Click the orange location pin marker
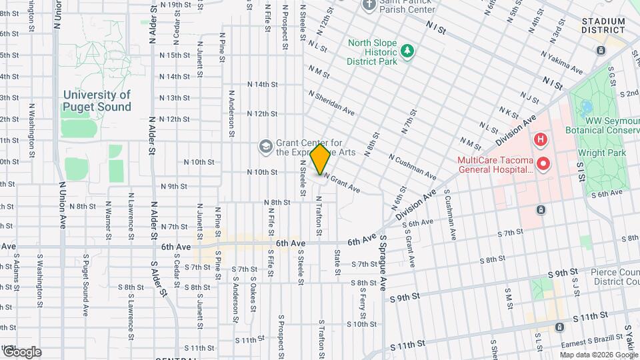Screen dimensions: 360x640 click(x=321, y=159)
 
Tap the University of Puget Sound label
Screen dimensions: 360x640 click(x=97, y=101)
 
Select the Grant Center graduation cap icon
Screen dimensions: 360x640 click(x=265, y=146)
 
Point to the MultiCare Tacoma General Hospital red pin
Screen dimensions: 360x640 click(x=543, y=163)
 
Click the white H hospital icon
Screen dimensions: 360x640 click(x=540, y=140)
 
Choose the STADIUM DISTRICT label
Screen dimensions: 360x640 click(x=603, y=25)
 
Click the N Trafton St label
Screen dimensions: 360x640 click(x=319, y=215)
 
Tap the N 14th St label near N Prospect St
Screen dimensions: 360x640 click(x=261, y=85)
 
